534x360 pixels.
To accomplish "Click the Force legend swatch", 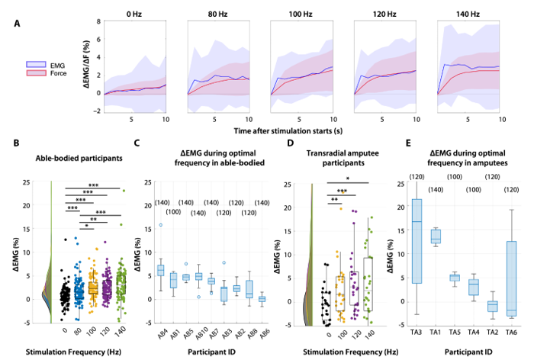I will tap(36, 75).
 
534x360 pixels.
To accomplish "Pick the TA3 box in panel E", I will tap(416, 241).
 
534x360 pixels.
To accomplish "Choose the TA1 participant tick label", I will tap(435, 333).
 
